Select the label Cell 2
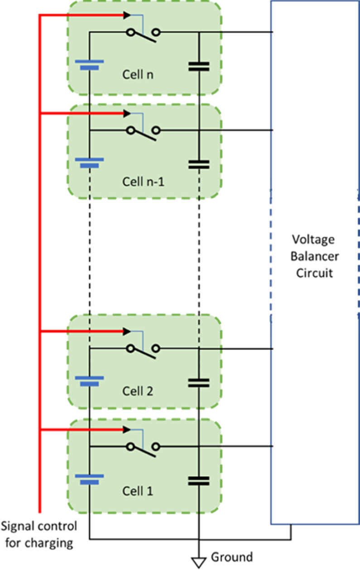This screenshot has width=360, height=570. [138, 391]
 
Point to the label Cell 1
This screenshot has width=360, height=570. [138, 491]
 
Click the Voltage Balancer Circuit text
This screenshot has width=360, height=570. [313, 256]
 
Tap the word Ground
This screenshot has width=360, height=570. [232, 557]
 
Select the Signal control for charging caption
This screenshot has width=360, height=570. [39, 535]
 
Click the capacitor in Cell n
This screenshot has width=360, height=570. [199, 67]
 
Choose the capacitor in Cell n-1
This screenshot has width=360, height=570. [199, 164]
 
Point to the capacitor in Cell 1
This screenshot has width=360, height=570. [199, 481]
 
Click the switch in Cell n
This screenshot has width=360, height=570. [144, 34]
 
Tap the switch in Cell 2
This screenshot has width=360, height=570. [144, 350]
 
